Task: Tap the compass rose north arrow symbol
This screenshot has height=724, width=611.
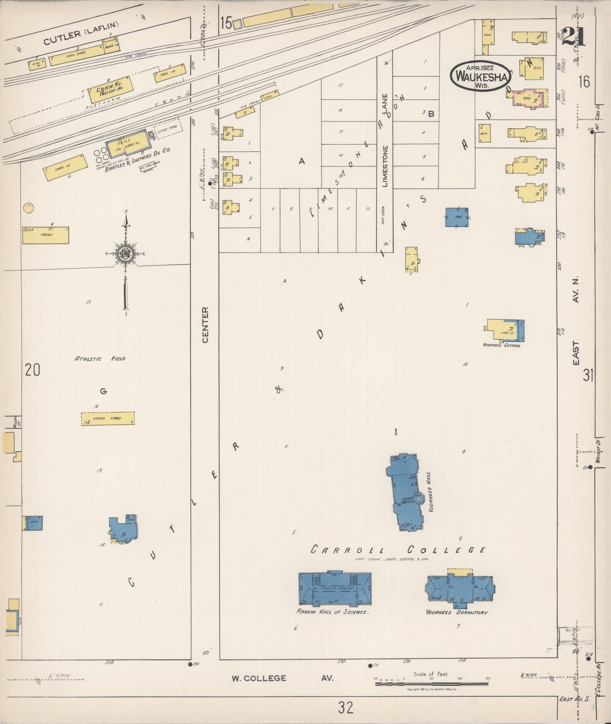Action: click(x=126, y=253)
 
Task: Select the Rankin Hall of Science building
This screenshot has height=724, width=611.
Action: click(x=334, y=588)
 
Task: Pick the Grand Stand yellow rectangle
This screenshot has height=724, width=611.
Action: click(x=108, y=418)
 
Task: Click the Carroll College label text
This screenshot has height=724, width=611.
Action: click(x=398, y=550)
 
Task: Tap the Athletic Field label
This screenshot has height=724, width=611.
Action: click(x=100, y=359)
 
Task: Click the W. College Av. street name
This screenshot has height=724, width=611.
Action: click(x=282, y=678)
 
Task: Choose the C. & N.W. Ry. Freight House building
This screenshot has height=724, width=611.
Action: click(x=110, y=89)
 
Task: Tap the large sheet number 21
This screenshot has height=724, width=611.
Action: click(x=574, y=37)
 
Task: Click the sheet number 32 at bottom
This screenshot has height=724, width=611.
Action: click(x=345, y=707)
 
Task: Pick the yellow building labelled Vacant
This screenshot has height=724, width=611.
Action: click(x=45, y=235)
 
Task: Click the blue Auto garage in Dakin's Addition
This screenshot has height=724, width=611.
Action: click(x=457, y=217)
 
